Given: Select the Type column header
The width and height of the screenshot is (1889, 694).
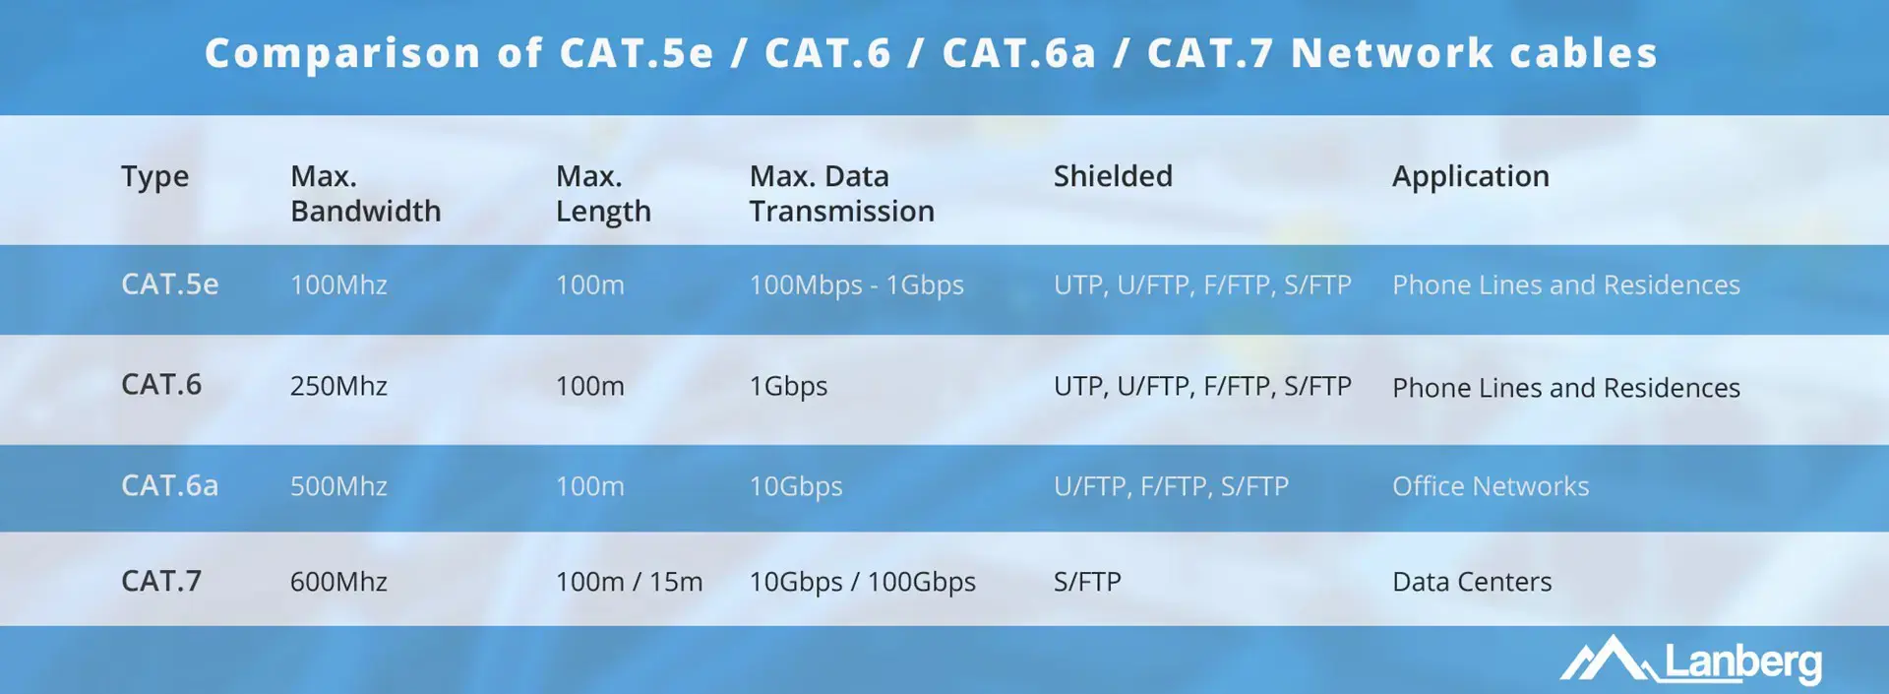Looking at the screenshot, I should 154,177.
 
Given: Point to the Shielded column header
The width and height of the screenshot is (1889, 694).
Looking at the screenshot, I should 1113,176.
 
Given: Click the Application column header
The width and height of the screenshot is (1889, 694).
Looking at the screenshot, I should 1470,177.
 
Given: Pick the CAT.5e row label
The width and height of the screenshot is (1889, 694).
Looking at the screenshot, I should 169,284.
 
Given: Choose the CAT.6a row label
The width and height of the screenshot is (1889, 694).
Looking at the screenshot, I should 169,485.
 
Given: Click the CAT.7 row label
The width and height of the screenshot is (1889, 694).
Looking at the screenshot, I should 161,581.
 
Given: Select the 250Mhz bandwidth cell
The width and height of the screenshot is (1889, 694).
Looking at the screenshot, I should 338,386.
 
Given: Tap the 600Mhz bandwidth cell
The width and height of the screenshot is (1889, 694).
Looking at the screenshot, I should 338,582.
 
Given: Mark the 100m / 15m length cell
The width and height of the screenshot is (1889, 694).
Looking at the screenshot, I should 629,582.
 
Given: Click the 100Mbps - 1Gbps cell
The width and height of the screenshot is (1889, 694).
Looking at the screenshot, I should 856,285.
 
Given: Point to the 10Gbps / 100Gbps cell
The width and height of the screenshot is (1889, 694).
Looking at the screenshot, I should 862,582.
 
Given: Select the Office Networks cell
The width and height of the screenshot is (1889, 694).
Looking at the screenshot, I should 1490,486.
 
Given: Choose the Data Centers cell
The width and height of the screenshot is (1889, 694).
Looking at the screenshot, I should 1472,582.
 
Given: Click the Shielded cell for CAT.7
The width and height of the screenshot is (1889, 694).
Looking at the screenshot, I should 1087,582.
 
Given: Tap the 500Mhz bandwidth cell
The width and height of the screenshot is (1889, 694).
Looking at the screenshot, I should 338,486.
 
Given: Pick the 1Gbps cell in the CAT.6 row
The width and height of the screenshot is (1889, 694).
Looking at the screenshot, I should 788,386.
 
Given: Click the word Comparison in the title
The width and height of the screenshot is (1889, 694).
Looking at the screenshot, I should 343,53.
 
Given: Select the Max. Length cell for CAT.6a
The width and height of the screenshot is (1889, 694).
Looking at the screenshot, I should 589,486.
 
